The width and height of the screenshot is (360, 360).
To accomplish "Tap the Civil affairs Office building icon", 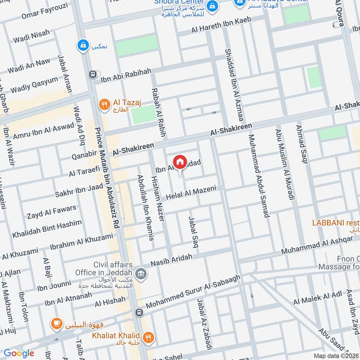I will click(x=140, y=274).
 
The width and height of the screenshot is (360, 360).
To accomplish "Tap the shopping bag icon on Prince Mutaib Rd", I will click(x=82, y=45).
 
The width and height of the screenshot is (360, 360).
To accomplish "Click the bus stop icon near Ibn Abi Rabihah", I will click(x=93, y=74).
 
